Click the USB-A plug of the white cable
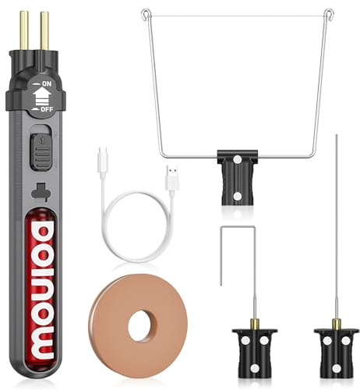click(x=171, y=175)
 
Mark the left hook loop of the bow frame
click(x=146, y=13)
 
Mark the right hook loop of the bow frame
click(x=329, y=14)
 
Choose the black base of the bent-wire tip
click(x=254, y=349)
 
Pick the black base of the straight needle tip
click(x=337, y=349)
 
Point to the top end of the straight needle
click(x=337, y=137)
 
